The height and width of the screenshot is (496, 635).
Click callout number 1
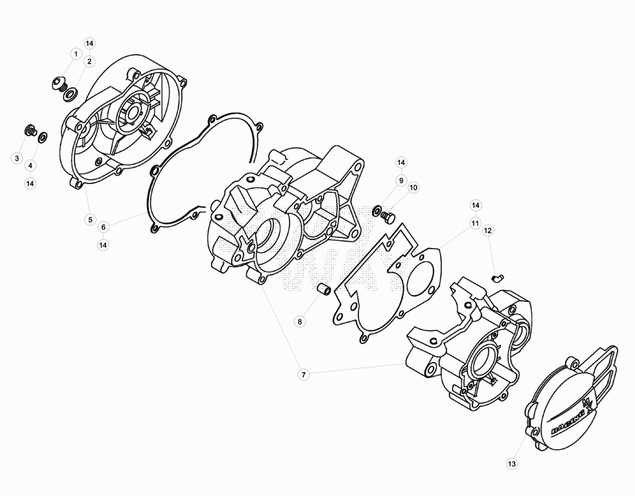75,54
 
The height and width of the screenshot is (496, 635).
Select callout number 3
17,158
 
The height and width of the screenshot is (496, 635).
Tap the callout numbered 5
90,220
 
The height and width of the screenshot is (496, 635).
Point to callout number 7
303,375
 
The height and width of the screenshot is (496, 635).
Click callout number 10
413,187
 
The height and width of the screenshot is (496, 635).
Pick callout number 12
487,231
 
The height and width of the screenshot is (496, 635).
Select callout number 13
512,464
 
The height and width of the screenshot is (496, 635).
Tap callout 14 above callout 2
89,43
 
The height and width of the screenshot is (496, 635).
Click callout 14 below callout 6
104,246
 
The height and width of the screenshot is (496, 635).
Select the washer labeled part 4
42,137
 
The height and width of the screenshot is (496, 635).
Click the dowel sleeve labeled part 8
324,289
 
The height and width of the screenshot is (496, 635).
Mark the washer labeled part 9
376,211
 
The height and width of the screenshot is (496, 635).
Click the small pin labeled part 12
497,278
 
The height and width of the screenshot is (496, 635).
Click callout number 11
475,223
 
